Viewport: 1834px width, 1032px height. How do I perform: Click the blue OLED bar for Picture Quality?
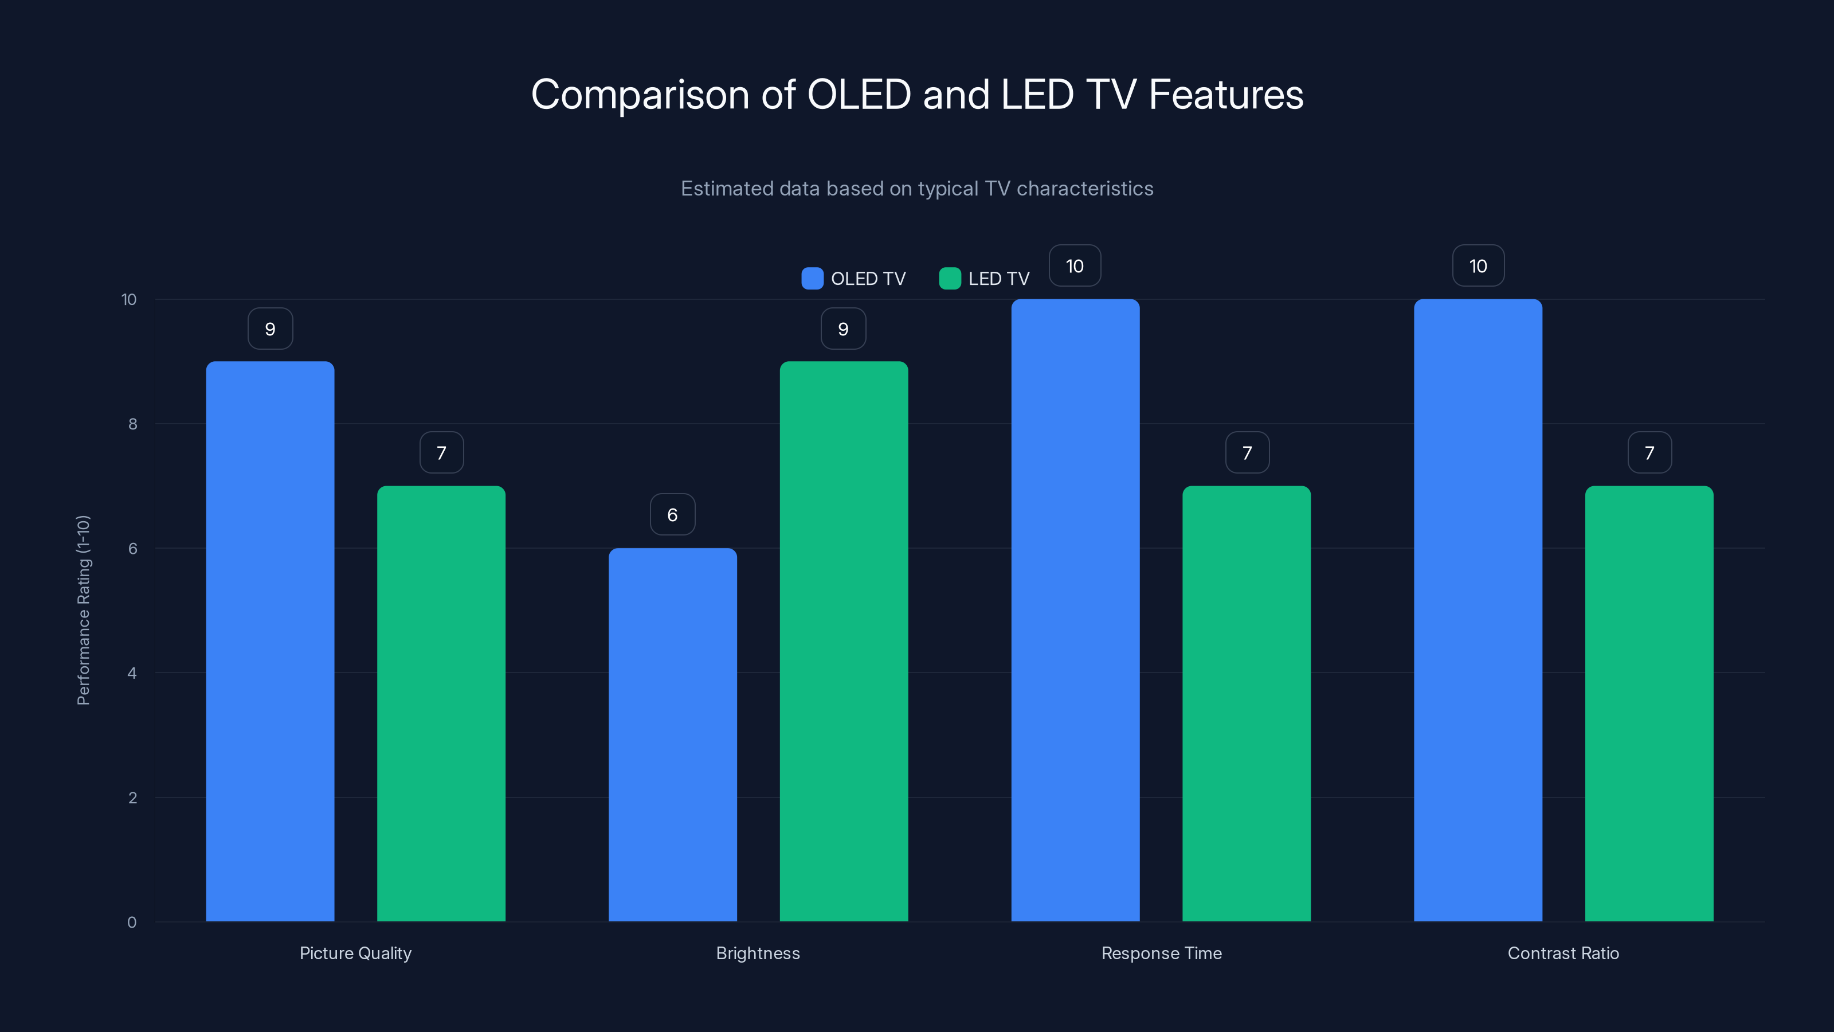tap(270, 641)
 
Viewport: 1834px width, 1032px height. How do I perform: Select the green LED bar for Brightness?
tap(844, 641)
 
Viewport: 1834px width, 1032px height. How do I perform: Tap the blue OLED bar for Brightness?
tap(672, 734)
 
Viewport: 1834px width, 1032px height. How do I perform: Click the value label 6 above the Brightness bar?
tap(672, 514)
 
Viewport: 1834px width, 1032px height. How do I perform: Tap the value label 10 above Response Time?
tap(1075, 265)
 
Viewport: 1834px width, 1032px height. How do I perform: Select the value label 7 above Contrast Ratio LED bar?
tap(1649, 452)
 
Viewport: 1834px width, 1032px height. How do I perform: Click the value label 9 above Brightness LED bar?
tap(843, 329)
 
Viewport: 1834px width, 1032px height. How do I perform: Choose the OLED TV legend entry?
tap(855, 279)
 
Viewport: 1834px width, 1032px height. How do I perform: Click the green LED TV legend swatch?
tap(950, 279)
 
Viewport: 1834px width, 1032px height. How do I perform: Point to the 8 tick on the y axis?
tap(132, 424)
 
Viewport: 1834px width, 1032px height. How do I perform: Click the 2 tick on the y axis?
tap(132, 798)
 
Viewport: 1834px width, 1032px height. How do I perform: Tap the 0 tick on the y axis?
tap(132, 922)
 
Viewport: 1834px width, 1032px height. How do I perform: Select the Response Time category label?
tap(1161, 953)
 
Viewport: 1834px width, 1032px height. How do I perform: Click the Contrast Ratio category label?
tap(1563, 953)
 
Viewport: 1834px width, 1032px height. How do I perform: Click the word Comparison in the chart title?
tap(640, 95)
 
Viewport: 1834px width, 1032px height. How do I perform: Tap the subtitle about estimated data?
tap(917, 188)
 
